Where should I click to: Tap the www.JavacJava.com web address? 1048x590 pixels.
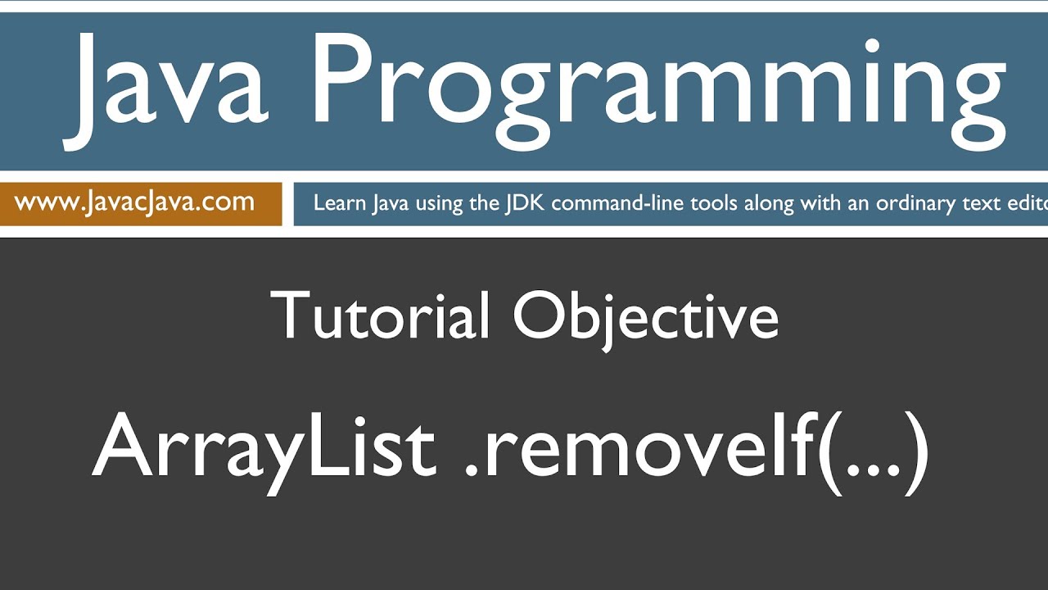(134, 202)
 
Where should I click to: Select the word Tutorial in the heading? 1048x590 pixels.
(380, 316)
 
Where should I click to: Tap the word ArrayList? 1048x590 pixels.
(264, 447)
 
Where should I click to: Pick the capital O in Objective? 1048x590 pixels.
(540, 316)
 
